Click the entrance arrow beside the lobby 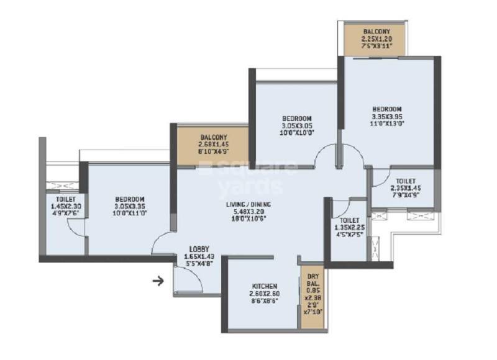tap(158, 281)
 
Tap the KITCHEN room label tap(264, 287)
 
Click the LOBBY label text tap(199, 248)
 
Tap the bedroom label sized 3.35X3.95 tap(387, 108)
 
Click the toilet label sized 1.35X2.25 tap(350, 220)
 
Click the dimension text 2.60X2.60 tap(264, 294)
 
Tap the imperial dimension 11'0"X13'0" tap(387, 124)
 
